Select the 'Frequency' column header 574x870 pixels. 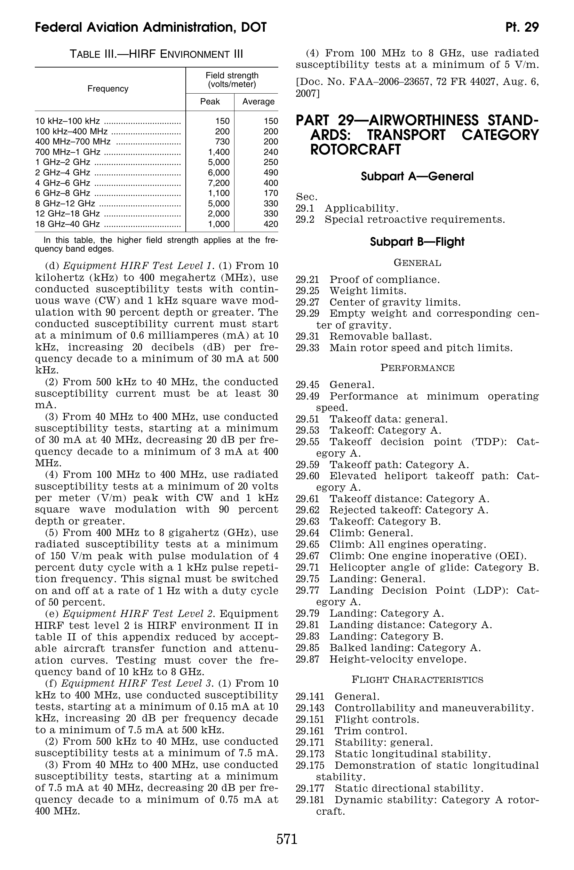point(107,89)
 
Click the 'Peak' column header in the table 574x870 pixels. point(210,101)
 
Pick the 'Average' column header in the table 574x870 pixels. point(258,101)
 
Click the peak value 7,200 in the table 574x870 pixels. point(218,183)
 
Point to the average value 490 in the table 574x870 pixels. point(271,173)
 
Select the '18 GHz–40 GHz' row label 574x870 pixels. point(67,224)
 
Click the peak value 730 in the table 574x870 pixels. point(222,142)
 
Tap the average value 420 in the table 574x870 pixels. point(271,224)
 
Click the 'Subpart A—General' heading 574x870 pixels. point(417,176)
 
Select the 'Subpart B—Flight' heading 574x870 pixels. point(417,242)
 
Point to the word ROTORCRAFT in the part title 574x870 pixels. point(355,149)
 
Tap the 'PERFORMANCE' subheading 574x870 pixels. point(417,368)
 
